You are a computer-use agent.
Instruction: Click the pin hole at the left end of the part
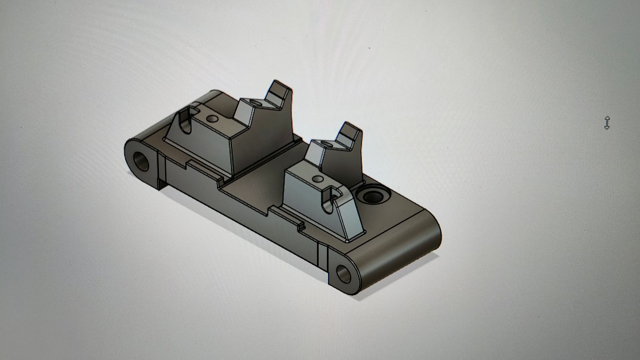pos(142,161)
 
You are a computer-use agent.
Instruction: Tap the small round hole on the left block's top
pos(212,118)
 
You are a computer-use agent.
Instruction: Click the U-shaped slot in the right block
pos(330,200)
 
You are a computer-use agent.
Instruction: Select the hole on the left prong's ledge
pos(256,103)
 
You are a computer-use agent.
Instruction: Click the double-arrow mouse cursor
pos(607,123)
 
